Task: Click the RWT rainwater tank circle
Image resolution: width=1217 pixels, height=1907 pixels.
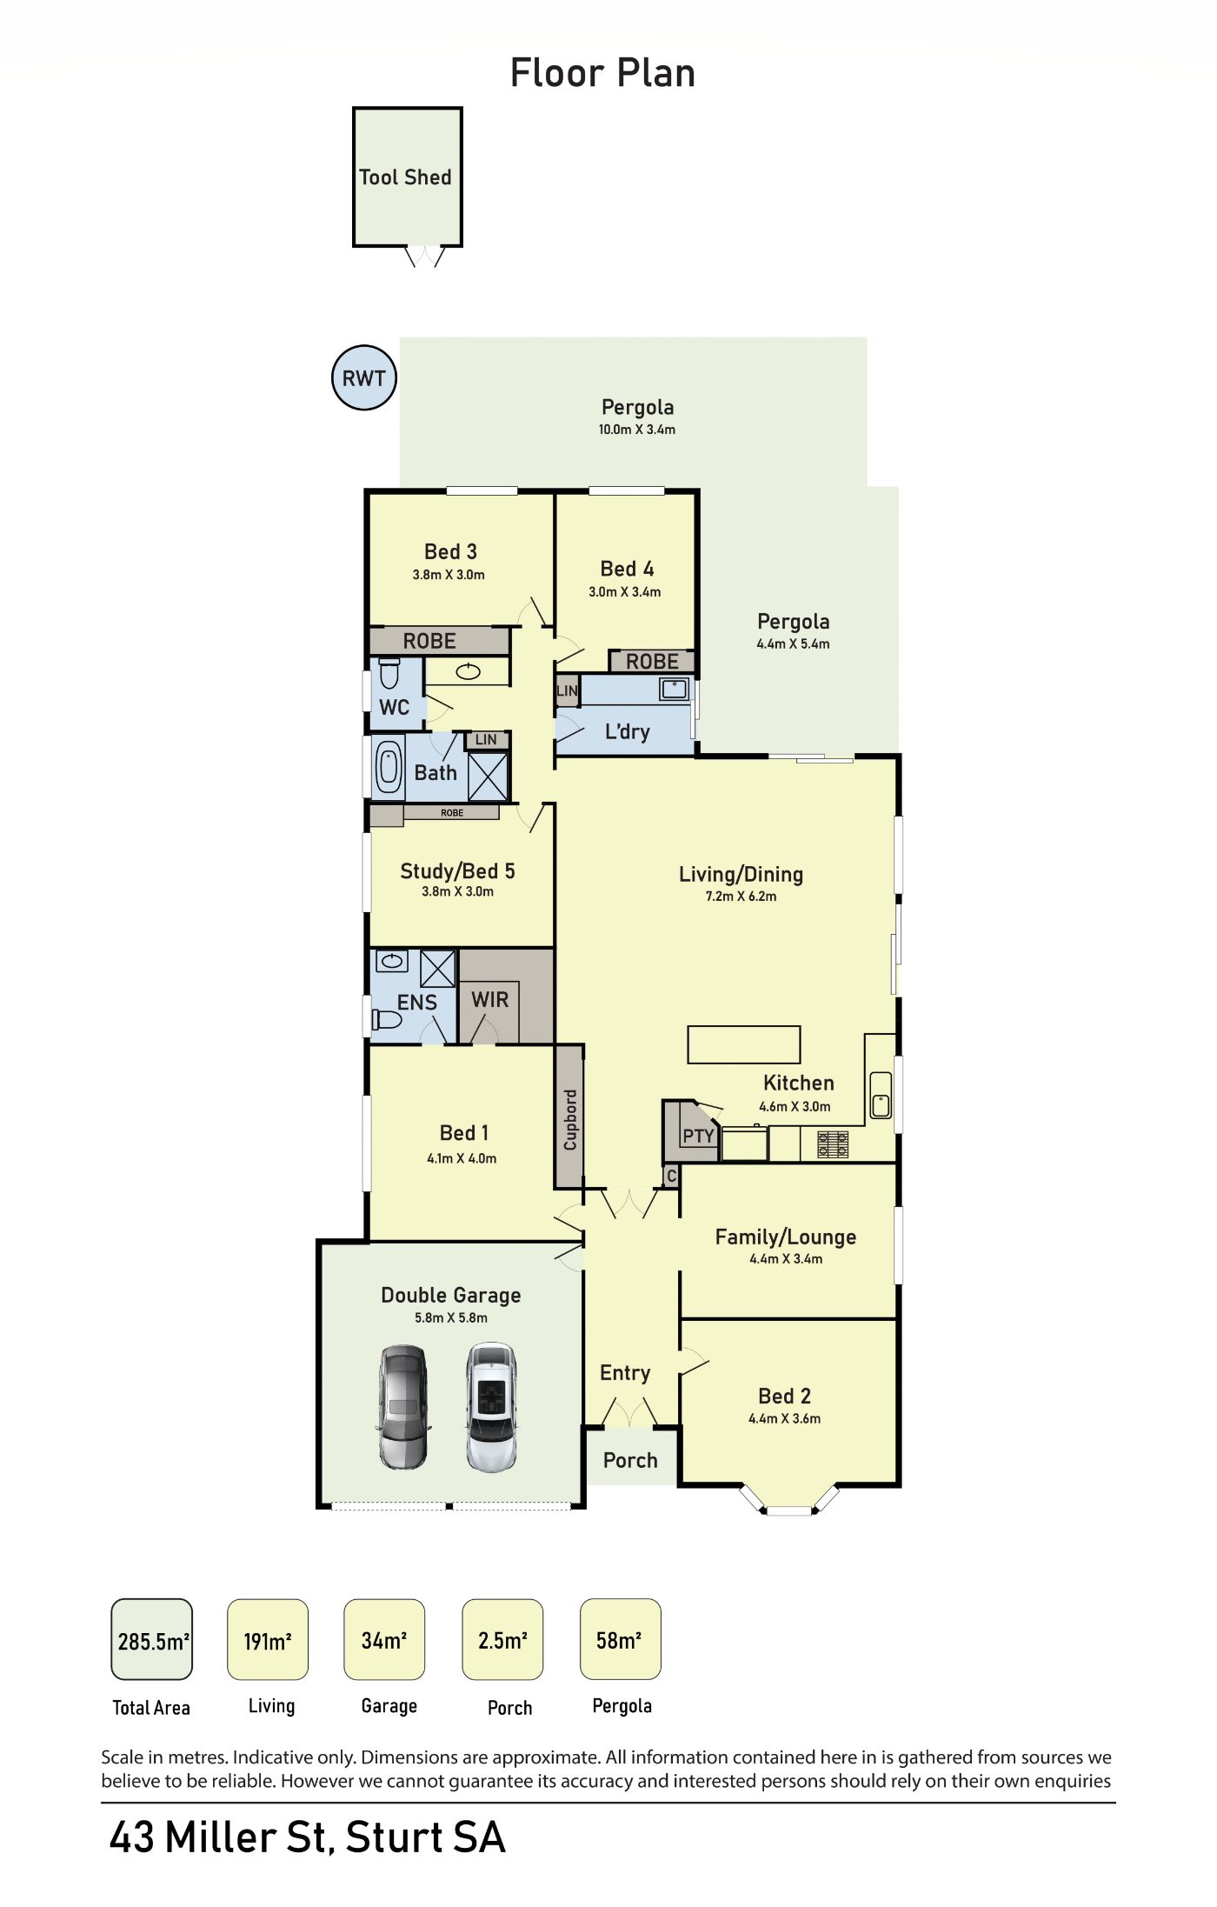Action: coord(364,377)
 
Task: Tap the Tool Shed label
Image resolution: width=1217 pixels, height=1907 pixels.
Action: coord(405,177)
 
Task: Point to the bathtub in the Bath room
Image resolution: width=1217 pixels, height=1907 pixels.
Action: coord(389,765)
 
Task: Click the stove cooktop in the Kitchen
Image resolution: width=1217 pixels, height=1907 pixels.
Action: coord(833,1144)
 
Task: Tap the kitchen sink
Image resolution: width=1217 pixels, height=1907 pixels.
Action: coord(881,1095)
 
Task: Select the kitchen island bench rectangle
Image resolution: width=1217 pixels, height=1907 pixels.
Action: coord(743,1044)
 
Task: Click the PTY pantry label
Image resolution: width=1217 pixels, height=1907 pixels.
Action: coord(698,1136)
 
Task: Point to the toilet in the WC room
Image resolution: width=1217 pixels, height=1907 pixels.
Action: coord(389,673)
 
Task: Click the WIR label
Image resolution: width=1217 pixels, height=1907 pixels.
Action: coord(490,1000)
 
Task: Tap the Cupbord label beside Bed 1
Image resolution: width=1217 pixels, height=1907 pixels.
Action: coord(570,1120)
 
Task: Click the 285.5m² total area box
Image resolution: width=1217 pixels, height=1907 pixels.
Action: coord(151,1639)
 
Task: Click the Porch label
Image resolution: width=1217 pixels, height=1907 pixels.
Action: coord(630,1460)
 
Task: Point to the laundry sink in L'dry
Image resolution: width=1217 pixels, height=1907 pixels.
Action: coord(674,689)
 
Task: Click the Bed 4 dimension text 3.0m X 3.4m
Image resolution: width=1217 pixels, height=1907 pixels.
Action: coord(624,592)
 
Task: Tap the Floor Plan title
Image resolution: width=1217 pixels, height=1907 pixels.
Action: coord(602,73)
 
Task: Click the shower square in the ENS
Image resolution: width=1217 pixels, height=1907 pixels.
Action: coord(437,968)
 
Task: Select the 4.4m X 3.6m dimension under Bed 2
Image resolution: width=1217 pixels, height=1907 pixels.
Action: coord(784,1418)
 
